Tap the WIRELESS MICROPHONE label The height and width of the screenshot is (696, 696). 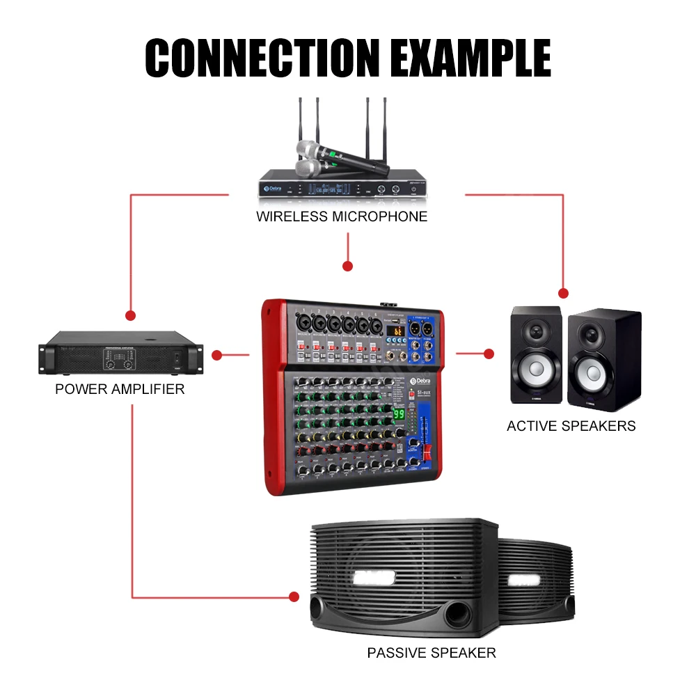(342, 216)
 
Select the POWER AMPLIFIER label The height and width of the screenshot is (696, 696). (120, 389)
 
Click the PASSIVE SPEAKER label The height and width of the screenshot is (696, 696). (432, 653)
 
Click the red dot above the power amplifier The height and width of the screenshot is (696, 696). (129, 315)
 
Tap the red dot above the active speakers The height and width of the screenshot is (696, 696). (564, 294)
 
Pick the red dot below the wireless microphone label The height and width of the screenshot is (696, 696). (347, 266)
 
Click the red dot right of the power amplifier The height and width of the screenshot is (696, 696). (216, 355)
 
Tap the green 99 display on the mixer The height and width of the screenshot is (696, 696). (400, 414)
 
